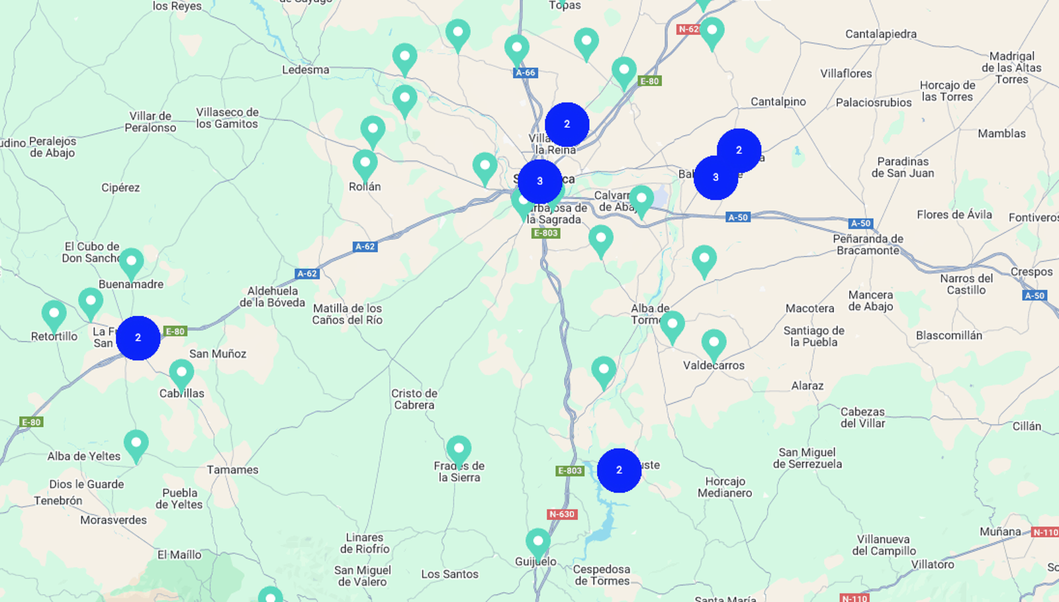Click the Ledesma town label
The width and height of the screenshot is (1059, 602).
coord(305,70)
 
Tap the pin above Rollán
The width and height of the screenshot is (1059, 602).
coord(365,164)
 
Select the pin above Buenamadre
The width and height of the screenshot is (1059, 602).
coord(131,262)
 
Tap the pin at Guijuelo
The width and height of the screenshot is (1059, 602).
coord(537,542)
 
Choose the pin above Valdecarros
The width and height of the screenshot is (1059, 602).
coord(714,344)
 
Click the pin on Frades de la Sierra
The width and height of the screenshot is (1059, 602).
coord(459,450)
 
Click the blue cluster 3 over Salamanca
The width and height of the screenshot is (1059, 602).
coord(539,181)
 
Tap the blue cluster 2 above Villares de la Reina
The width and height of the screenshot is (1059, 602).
coord(567,124)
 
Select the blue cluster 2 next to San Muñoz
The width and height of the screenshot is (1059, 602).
coord(138,338)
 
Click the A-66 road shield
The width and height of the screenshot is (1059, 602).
coord(526,73)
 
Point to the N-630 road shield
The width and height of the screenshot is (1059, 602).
coord(562,514)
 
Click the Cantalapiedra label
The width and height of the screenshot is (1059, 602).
coord(880,34)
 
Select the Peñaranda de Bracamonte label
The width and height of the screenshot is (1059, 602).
coord(868,244)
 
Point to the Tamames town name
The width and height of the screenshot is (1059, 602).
coord(232,470)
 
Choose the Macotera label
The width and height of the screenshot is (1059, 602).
coord(809,308)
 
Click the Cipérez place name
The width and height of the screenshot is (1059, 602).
coord(120,187)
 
